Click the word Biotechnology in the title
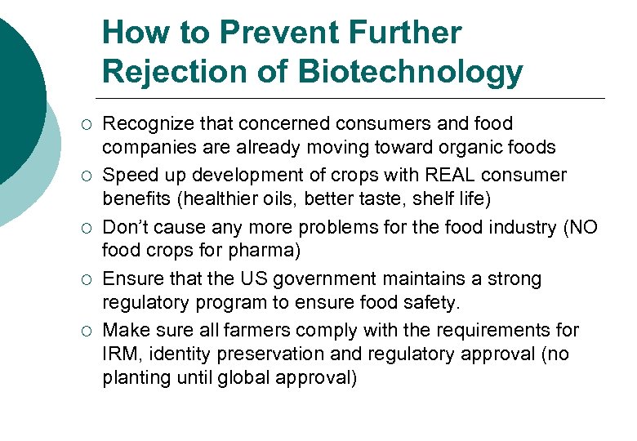click(x=410, y=72)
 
